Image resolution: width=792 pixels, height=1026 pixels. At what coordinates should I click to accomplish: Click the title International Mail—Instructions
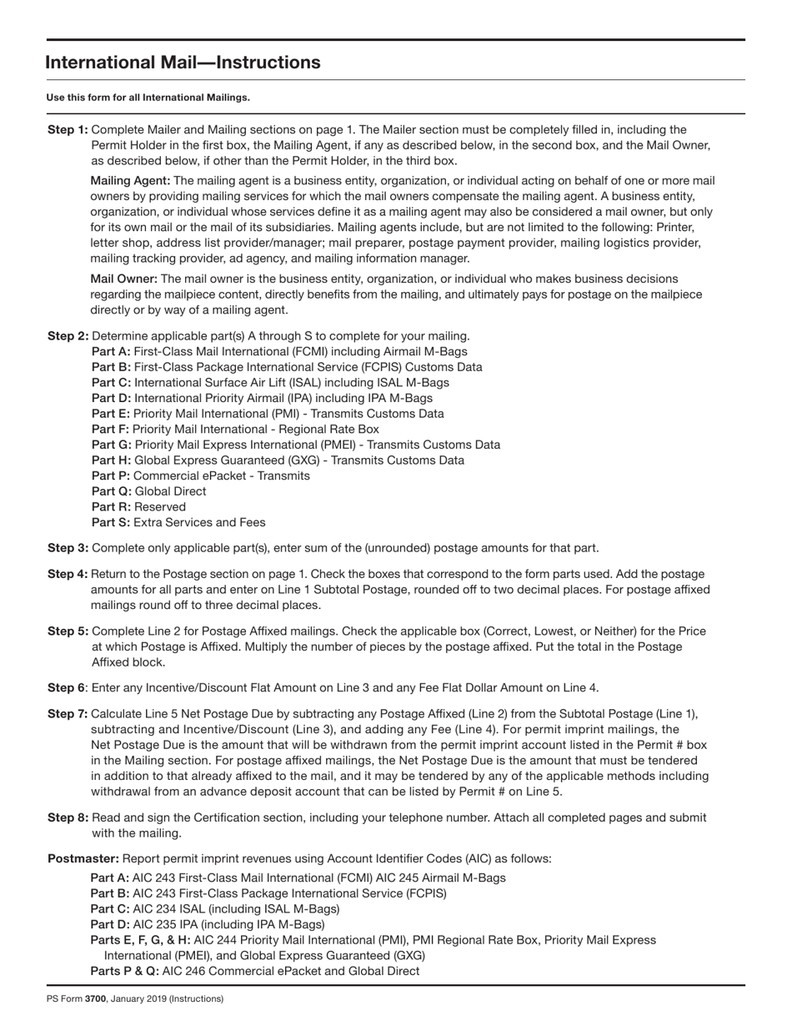[x=183, y=63]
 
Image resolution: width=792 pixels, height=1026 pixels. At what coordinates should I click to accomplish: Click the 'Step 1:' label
[x=68, y=129]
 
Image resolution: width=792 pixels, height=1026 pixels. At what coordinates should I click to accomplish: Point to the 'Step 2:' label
[x=68, y=336]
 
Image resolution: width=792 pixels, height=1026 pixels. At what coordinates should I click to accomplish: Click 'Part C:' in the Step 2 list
[x=111, y=383]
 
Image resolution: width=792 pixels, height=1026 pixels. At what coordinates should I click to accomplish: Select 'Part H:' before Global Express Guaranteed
[x=112, y=460]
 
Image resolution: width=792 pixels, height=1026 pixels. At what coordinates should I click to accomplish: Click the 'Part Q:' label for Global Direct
[x=112, y=491]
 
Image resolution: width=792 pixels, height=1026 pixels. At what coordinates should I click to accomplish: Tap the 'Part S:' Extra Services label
[x=111, y=523]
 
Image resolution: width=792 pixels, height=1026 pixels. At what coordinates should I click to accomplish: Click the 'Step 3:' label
[x=68, y=548]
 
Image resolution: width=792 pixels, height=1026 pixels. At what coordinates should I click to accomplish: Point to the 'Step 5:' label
[x=68, y=631]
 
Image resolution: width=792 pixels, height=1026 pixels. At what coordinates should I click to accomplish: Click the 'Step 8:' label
[x=68, y=817]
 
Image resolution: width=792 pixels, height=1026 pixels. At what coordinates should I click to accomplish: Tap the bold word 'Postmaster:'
[x=83, y=858]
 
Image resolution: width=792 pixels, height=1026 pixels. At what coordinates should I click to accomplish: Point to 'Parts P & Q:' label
[x=124, y=971]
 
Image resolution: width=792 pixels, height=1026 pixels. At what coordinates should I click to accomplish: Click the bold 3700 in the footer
[x=95, y=998]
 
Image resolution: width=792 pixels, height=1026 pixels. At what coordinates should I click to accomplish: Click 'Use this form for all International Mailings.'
[x=148, y=98]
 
